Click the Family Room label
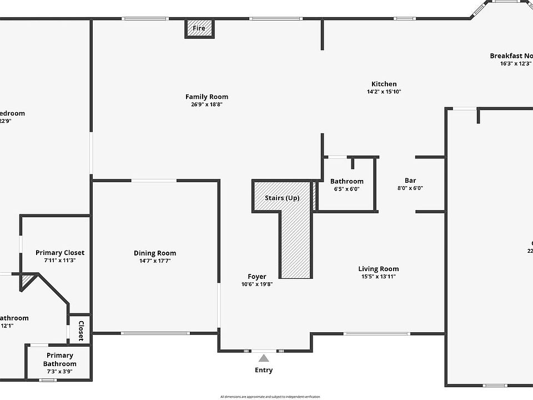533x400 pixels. (x=207, y=97)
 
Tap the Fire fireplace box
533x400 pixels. (x=199, y=28)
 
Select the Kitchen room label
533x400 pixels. (x=384, y=84)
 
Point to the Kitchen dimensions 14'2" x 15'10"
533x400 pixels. (x=384, y=92)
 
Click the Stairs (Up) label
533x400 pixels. (x=281, y=198)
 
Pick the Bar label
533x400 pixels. (x=410, y=181)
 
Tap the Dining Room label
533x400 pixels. (x=155, y=253)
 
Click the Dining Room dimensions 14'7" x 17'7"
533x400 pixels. (x=155, y=261)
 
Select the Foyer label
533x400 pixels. (x=257, y=277)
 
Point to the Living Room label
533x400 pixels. (x=378, y=269)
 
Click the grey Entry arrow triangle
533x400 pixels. (x=264, y=359)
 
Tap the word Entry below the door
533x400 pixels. (x=264, y=370)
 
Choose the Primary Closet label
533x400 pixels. (x=60, y=253)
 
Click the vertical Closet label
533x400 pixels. (x=81, y=330)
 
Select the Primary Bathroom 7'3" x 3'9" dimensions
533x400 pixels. (x=60, y=372)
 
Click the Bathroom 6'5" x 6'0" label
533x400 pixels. (x=347, y=184)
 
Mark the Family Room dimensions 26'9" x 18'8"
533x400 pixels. (x=207, y=104)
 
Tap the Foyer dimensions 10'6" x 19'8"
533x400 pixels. (x=257, y=284)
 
